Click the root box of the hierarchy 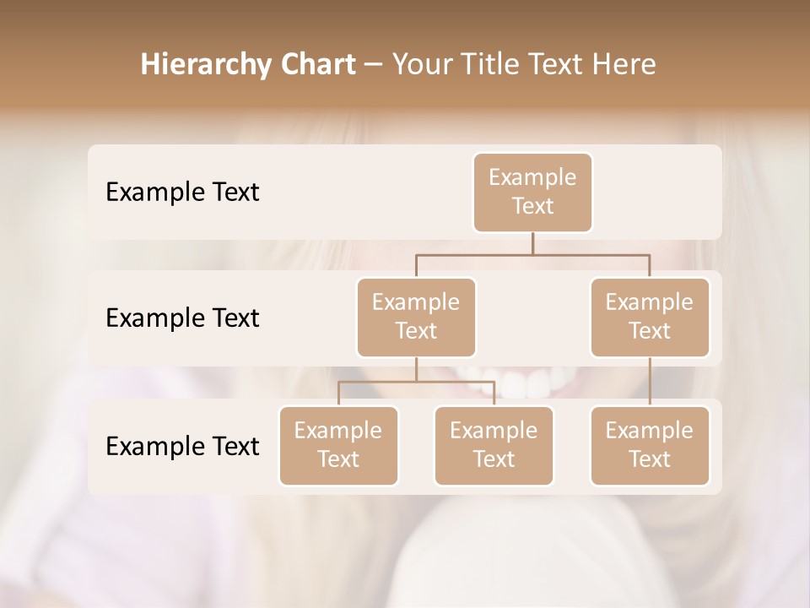(x=532, y=192)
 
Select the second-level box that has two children (x=416, y=317)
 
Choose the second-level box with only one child (x=650, y=317)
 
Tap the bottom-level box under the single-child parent (x=650, y=445)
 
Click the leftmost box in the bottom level (x=338, y=445)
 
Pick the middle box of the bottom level (x=494, y=445)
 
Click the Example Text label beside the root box (x=182, y=192)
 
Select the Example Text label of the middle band (x=182, y=318)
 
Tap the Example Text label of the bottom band (x=182, y=446)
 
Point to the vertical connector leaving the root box (x=532, y=243)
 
